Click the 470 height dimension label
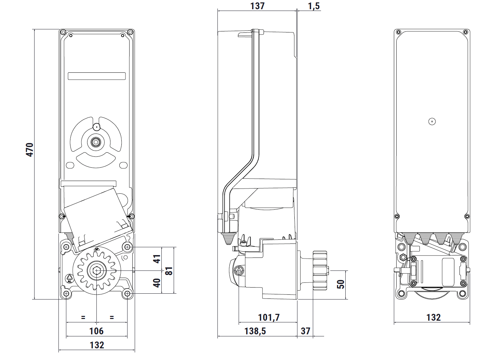30,150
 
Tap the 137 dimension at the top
257,6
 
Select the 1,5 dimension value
314,6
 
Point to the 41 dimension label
157,259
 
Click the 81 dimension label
169,271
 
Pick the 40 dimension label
157,283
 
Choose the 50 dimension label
341,284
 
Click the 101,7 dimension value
269,317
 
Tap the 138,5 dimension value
255,331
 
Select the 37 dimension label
305,331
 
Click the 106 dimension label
96,331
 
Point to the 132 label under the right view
434,317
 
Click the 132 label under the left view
97,345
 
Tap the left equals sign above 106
83,317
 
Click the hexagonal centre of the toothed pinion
96,270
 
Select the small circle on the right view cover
432,121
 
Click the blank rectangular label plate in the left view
97,76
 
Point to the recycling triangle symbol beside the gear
69,278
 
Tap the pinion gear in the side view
320,270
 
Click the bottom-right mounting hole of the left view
128,293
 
